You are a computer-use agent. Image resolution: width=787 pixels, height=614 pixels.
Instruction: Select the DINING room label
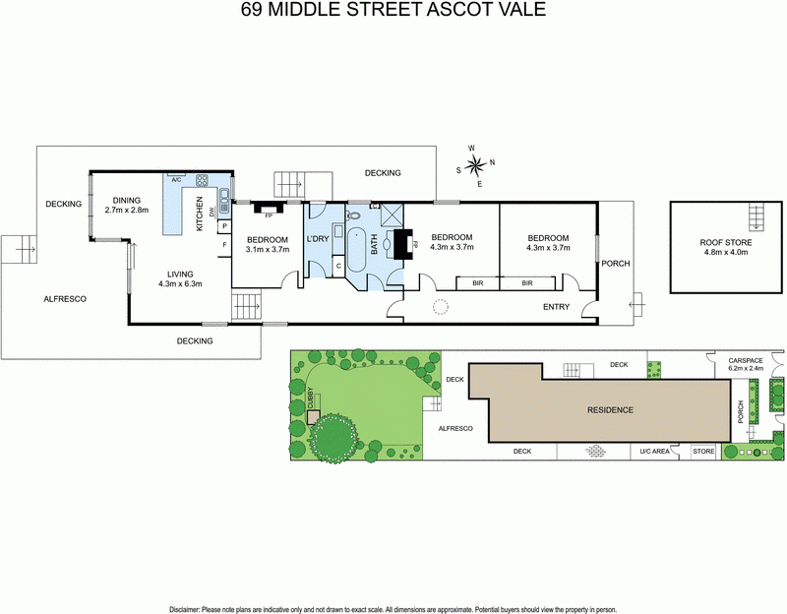(126, 200)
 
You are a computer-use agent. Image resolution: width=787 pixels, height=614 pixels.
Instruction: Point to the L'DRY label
(317, 239)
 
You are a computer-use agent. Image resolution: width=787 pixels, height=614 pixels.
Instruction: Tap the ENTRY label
(557, 307)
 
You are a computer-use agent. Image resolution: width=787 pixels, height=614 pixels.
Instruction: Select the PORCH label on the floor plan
(616, 264)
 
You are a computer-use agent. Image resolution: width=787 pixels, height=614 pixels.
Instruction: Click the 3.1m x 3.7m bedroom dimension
(267, 250)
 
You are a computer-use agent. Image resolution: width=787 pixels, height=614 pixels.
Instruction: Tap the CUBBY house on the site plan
(313, 417)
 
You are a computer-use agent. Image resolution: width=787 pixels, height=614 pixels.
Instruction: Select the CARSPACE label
(747, 360)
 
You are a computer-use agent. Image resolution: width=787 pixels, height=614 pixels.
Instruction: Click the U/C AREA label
(654, 452)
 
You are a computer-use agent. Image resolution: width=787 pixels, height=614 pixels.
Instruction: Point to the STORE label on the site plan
(703, 452)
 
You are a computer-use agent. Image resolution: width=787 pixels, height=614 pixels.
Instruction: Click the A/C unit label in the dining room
(176, 181)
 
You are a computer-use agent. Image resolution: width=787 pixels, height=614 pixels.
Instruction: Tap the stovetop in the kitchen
(203, 180)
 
